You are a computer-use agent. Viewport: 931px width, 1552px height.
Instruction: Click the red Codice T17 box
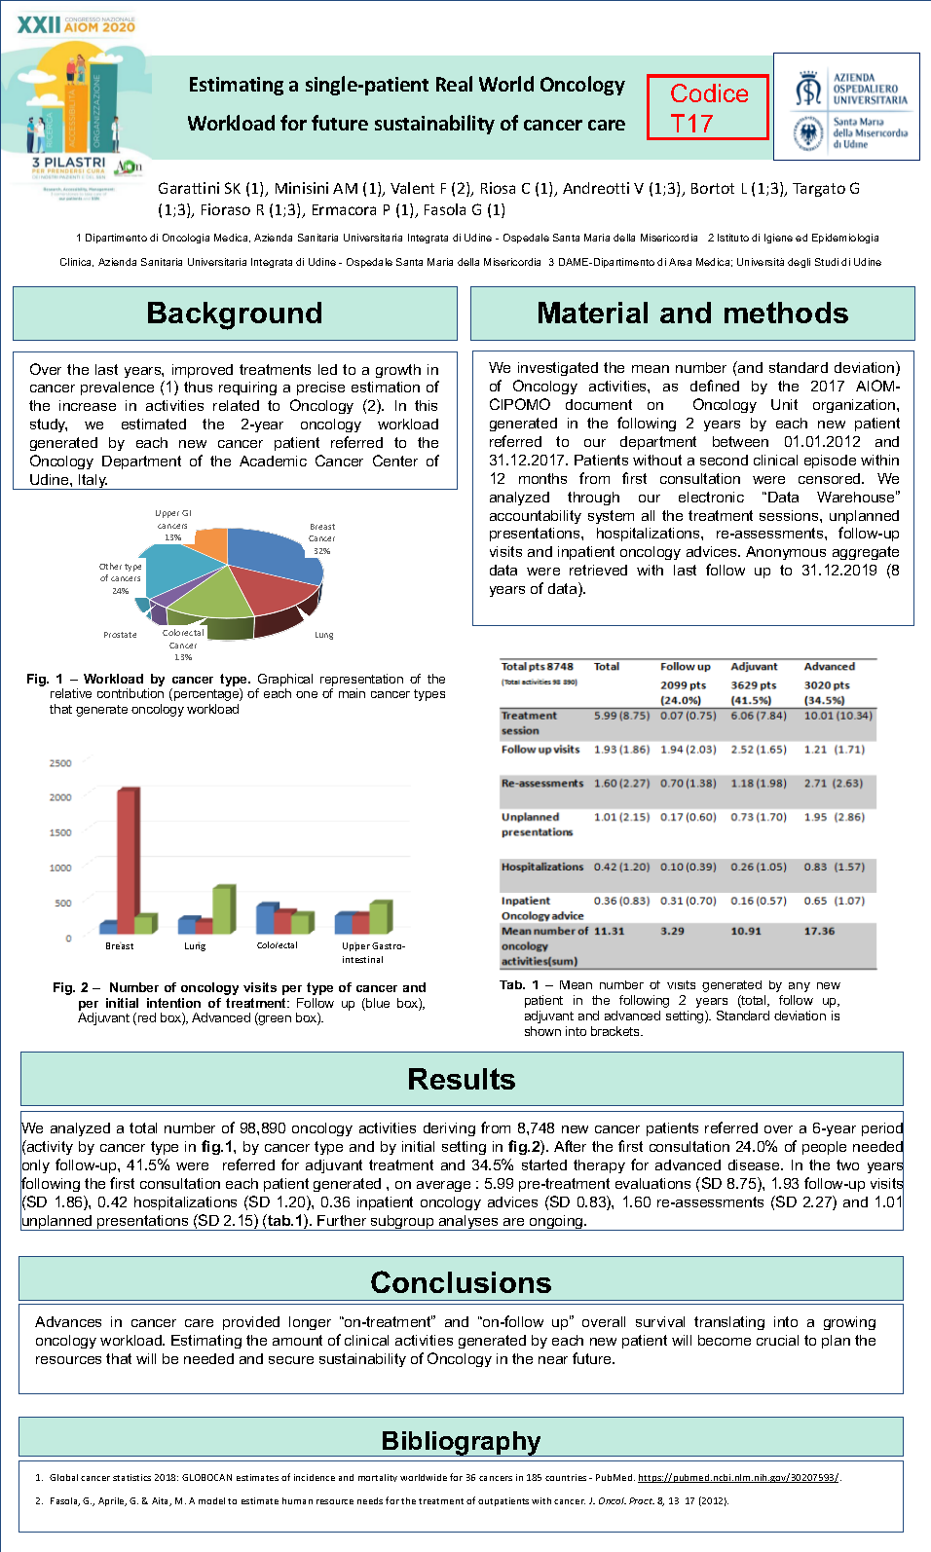coord(708,107)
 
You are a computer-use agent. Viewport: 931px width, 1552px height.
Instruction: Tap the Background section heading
coord(235,314)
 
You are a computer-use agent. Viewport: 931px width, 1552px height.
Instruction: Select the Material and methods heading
coord(692,314)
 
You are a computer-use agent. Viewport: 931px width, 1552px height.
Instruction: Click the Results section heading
coord(462,1079)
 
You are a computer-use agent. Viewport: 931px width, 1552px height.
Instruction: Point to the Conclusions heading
coord(461,1282)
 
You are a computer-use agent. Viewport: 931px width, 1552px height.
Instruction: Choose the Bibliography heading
coord(461,1440)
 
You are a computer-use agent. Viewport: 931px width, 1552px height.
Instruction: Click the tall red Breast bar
coord(127,857)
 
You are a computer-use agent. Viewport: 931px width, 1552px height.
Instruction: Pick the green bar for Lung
coord(223,908)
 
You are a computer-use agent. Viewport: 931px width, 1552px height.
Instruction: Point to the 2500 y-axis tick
coord(60,763)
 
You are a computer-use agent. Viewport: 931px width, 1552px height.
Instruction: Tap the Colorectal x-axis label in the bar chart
coord(278,945)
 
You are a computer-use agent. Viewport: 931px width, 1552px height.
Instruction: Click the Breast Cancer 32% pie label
coord(321,538)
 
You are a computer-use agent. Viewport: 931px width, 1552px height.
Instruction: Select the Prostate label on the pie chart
coord(121,635)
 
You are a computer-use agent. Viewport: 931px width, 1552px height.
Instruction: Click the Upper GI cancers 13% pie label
coord(173,525)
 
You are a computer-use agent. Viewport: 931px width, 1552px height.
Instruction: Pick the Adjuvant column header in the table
coord(754,667)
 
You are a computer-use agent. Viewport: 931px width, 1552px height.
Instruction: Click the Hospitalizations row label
coord(542,867)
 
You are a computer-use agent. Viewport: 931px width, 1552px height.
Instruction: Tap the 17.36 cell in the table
coord(819,931)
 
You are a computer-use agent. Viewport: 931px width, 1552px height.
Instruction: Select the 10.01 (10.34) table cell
coord(838,716)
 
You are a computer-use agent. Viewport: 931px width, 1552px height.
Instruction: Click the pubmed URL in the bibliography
coord(737,1478)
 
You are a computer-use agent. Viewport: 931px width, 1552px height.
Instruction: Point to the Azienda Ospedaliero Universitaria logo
coord(846,106)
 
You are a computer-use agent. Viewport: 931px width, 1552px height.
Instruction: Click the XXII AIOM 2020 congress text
coord(76,25)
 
